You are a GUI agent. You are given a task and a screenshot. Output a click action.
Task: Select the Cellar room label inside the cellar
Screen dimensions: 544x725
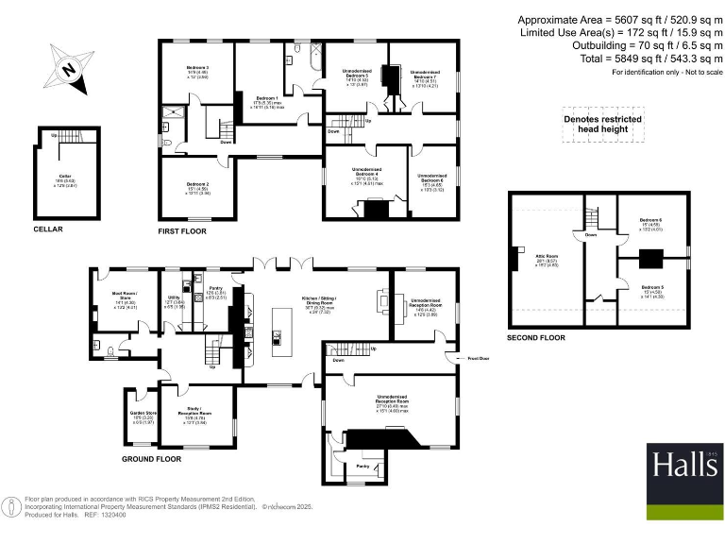coord(64,177)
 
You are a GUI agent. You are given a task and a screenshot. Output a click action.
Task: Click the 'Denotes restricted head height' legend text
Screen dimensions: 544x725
coord(602,125)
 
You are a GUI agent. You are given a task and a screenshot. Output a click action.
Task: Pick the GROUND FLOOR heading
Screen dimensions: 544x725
coord(151,459)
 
